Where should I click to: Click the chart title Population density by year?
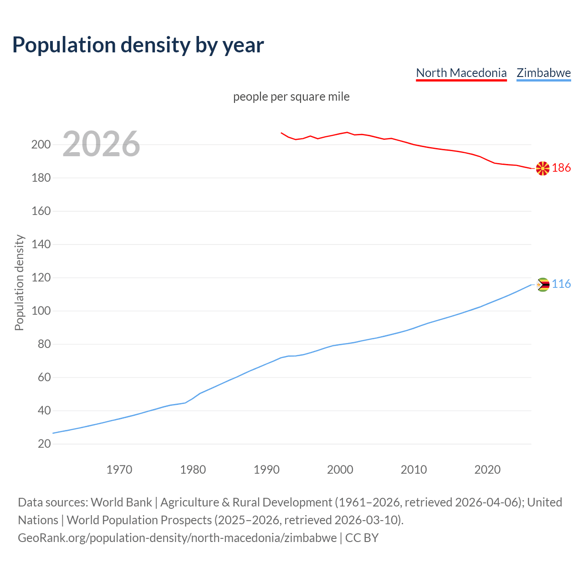coord(138,45)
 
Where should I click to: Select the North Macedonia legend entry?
coord(461,73)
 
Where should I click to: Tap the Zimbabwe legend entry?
coord(543,73)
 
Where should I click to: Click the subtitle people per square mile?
coord(291,97)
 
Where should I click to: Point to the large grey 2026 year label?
coord(101,144)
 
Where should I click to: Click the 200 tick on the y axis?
coord(41,145)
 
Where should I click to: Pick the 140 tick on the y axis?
coord(41,245)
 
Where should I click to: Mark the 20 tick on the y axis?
coord(44,444)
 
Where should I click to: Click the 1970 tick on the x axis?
coord(119,470)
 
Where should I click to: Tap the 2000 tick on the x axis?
coord(340,470)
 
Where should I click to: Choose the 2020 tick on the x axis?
coord(487,470)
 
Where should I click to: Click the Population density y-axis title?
coord(19,282)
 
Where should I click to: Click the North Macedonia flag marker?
coord(542,169)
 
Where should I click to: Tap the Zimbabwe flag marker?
coord(542,285)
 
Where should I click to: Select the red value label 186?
coord(561,168)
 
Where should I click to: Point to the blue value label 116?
coord(561,284)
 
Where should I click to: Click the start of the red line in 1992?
coord(281,133)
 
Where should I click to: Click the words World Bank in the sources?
coord(121,502)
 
